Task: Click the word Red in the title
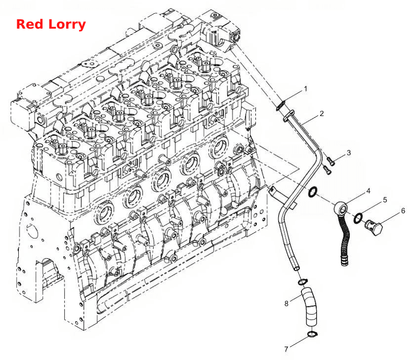coord(30,24)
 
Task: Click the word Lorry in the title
coord(67,25)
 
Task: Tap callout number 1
coord(306,88)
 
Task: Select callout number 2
coord(322,114)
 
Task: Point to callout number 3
coord(349,153)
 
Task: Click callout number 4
coord(368,191)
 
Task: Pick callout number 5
coord(385,200)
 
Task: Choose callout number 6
coord(403,211)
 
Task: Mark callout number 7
coord(286,349)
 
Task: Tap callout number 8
coord(287,303)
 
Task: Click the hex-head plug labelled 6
coord(374,228)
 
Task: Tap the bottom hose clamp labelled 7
coord(312,334)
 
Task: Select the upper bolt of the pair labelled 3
coord(331,160)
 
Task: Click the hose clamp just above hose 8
coord(303,282)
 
